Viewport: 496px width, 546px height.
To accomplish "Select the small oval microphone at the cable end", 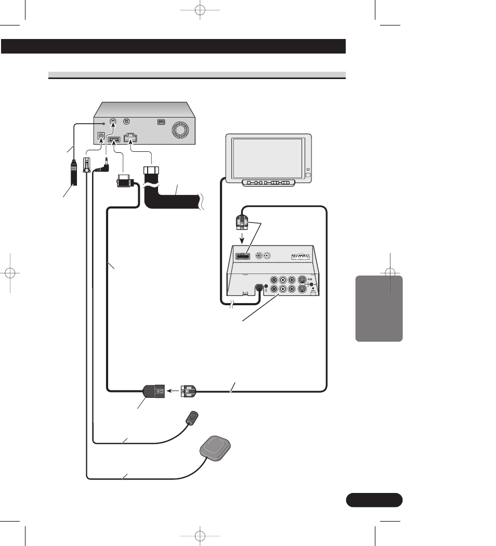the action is [x=193, y=417].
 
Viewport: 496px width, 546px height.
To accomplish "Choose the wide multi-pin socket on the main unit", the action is [x=130, y=139].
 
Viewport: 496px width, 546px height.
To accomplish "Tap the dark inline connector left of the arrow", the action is [x=153, y=391].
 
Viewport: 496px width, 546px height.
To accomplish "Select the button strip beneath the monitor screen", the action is [x=267, y=183].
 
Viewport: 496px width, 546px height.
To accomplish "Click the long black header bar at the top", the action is [x=174, y=46].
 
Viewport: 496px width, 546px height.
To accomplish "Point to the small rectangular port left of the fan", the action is [x=162, y=123].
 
